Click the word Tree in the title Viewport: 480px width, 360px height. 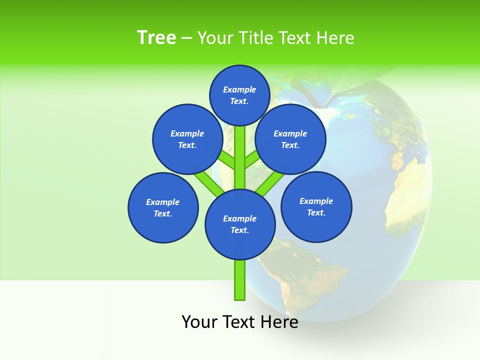tap(156, 38)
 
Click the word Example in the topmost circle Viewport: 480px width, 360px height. tap(239, 89)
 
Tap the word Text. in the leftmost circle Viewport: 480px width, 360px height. tap(162, 214)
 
